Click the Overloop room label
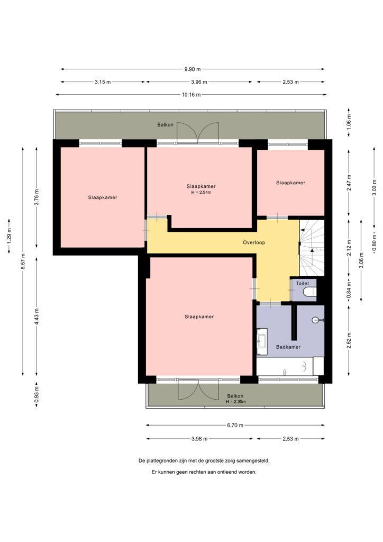click(254, 242)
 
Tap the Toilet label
click(302, 284)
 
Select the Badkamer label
click(288, 347)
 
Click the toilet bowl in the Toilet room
click(309, 292)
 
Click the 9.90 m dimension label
click(193, 69)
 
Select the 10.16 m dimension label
click(191, 95)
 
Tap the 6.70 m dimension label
click(235, 425)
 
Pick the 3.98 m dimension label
click(199, 439)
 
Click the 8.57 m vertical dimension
click(23, 261)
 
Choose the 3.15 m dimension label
click(103, 82)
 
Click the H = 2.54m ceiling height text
click(201, 192)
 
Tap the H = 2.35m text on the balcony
click(235, 402)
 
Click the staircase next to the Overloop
click(312, 248)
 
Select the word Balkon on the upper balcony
click(166, 124)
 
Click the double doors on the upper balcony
click(198, 133)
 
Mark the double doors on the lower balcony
click(198, 390)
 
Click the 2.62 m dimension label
click(349, 340)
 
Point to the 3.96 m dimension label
click(199, 82)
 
